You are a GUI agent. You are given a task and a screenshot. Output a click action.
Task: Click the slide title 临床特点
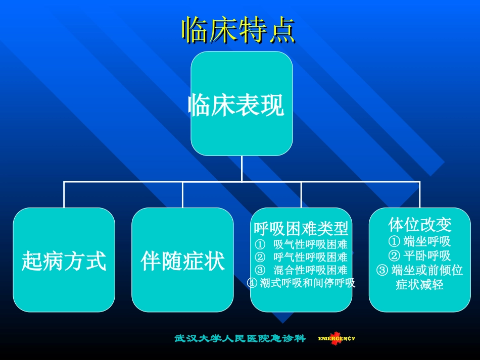[238, 30]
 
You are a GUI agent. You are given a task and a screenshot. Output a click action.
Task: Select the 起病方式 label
[64, 262]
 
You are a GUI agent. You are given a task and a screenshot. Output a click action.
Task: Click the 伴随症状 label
[183, 262]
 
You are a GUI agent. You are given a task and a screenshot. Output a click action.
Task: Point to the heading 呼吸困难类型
[301, 229]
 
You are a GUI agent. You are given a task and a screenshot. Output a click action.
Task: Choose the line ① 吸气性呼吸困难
[301, 245]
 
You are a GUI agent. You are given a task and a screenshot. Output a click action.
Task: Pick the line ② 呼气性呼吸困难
[301, 258]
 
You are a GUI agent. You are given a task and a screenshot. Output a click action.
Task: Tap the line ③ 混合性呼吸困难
[301, 270]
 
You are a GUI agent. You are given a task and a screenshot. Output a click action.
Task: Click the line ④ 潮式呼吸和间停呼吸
[301, 283]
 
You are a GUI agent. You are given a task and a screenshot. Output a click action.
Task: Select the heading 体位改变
[420, 225]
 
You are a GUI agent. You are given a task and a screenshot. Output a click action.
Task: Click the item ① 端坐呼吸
[420, 241]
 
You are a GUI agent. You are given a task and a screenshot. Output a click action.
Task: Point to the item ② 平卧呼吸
[420, 255]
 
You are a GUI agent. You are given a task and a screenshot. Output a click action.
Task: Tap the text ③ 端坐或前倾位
[420, 270]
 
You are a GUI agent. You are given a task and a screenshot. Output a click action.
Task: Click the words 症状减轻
[420, 285]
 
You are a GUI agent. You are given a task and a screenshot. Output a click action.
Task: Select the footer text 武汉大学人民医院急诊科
[240, 338]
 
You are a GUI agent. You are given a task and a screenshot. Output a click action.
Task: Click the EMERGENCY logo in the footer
[337, 339]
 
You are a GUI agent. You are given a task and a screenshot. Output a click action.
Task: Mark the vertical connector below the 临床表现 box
[242, 168]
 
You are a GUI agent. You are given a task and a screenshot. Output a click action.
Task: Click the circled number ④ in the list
[252, 283]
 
